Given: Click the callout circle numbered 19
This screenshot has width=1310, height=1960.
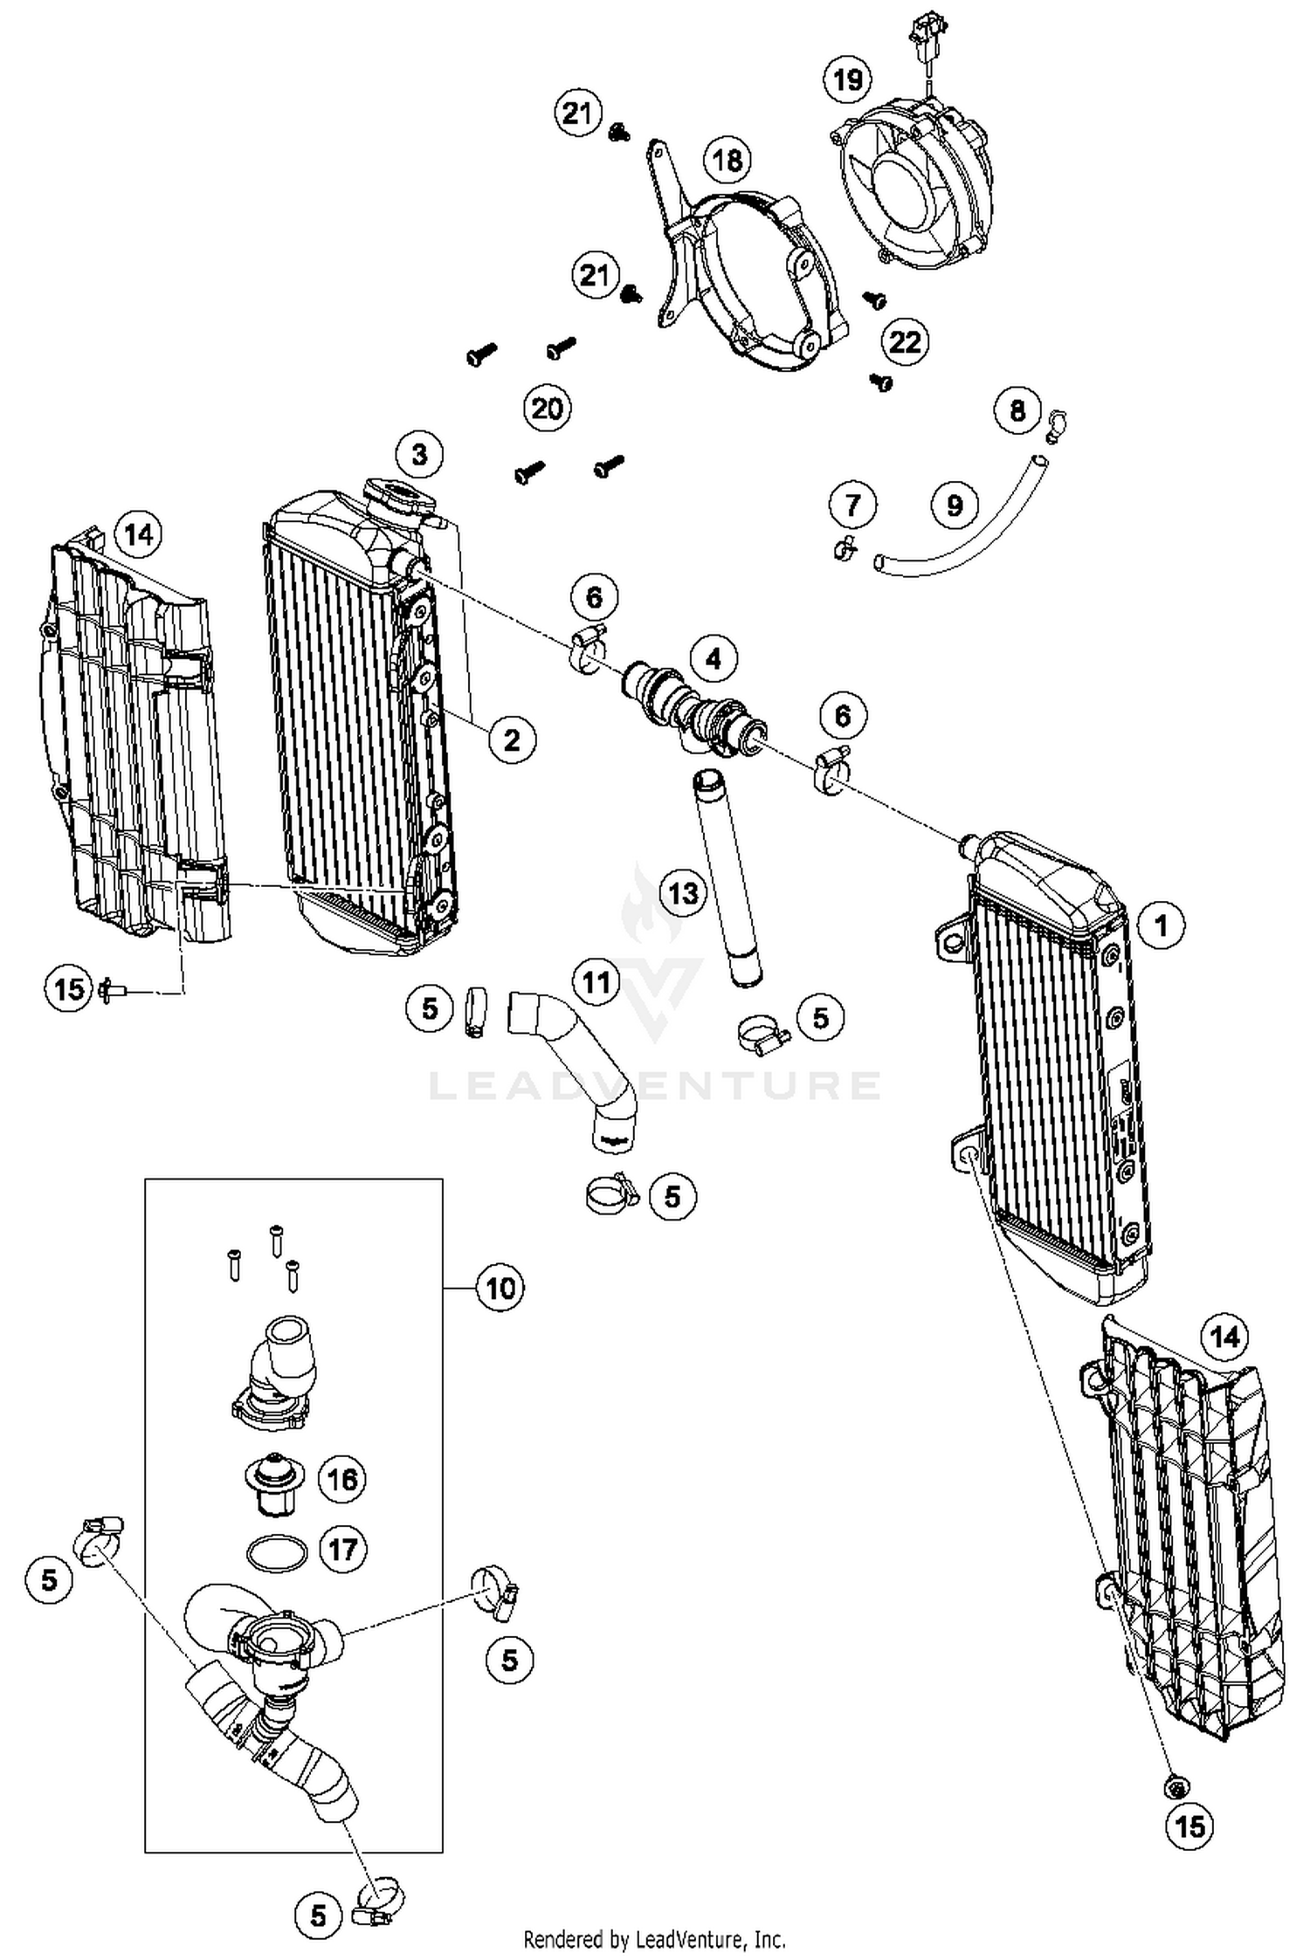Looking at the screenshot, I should click(847, 80).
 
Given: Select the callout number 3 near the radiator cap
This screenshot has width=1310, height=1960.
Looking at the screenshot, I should click(419, 454).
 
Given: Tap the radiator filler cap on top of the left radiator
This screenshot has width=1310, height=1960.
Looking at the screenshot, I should click(400, 498).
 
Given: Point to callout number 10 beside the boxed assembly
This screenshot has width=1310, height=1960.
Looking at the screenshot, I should click(500, 1288).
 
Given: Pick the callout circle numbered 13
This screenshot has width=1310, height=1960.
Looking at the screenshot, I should click(683, 893).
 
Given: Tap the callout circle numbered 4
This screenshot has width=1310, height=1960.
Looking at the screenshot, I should click(714, 658).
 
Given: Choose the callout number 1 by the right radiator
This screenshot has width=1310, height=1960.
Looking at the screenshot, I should click(1162, 925).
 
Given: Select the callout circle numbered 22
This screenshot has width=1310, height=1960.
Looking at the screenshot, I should click(905, 341).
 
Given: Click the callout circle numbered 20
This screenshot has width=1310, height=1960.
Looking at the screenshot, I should click(547, 408).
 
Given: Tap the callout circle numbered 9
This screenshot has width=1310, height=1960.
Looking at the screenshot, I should click(955, 505).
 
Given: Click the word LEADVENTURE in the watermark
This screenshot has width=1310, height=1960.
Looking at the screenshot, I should click(655, 1085).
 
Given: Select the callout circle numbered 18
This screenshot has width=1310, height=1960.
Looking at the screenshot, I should click(727, 160).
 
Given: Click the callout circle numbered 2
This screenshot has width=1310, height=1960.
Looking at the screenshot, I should click(511, 739).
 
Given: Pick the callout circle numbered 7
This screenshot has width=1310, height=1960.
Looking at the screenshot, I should click(852, 504).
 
